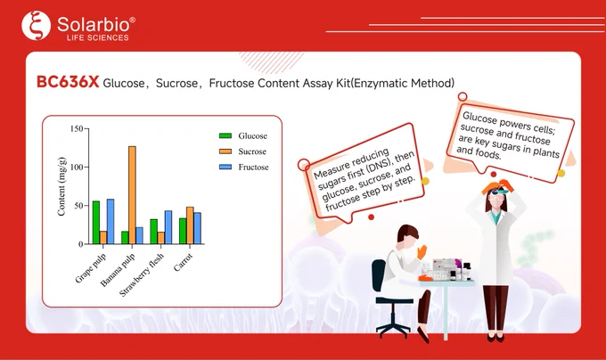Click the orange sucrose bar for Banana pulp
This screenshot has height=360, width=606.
132,195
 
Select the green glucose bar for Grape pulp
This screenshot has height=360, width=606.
96,223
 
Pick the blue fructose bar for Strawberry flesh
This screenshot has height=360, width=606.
168,227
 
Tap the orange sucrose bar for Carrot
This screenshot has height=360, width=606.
190,225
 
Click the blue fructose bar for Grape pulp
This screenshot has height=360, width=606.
111,221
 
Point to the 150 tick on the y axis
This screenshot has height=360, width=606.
77,128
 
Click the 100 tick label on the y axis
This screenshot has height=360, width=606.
77,168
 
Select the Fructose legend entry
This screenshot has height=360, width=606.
244,167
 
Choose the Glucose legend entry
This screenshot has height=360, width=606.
243,135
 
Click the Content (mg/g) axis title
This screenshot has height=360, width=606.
61,186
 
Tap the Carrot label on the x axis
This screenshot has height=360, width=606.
183,263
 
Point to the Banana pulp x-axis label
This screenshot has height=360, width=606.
118,270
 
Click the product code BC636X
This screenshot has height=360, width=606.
68,82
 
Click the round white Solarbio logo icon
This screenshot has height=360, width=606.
36,26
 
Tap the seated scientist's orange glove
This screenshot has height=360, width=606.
422,252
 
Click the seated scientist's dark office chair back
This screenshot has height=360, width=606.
379,275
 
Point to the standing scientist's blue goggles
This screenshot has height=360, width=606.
500,191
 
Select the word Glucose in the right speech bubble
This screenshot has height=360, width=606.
479,118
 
